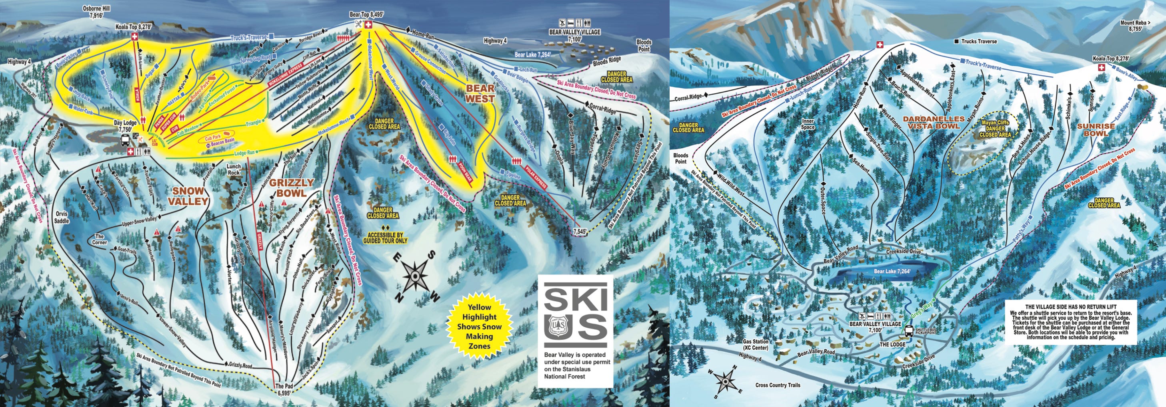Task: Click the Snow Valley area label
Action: pos(188,195)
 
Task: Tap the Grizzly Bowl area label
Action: pos(292,187)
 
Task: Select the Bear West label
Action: pos(480,93)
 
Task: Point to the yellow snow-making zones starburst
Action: pos(479,326)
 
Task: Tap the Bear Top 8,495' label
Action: pos(367,14)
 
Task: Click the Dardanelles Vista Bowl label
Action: pos(933,122)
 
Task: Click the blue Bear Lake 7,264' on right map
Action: pos(892,272)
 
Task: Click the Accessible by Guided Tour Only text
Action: pos(385,238)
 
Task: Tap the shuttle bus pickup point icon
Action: pos(908,331)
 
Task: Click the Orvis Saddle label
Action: pos(62,217)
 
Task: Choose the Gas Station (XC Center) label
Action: pos(756,345)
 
